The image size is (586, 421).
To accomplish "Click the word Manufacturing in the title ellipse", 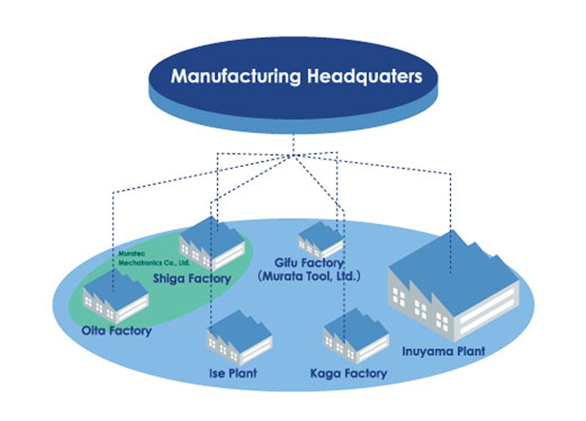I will click(x=236, y=76).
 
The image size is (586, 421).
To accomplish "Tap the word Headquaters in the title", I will click(x=364, y=76).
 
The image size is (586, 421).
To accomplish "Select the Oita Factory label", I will click(x=117, y=330).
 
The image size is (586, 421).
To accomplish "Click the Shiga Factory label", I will click(x=192, y=279).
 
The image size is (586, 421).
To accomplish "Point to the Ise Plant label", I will click(x=233, y=373).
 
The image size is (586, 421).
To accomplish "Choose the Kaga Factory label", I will click(x=348, y=373).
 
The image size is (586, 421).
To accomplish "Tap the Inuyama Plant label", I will click(x=443, y=351).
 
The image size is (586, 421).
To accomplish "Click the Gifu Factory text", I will click(x=309, y=263).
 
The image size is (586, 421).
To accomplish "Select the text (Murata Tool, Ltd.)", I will click(x=309, y=276).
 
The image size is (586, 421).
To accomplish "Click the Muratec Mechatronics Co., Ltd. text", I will click(x=153, y=258).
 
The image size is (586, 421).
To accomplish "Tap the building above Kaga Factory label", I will click(x=356, y=336).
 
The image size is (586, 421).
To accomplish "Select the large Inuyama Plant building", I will click(x=454, y=286).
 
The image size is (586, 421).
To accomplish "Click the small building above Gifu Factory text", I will click(x=320, y=240).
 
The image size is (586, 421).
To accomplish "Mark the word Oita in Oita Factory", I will click(x=94, y=330).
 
